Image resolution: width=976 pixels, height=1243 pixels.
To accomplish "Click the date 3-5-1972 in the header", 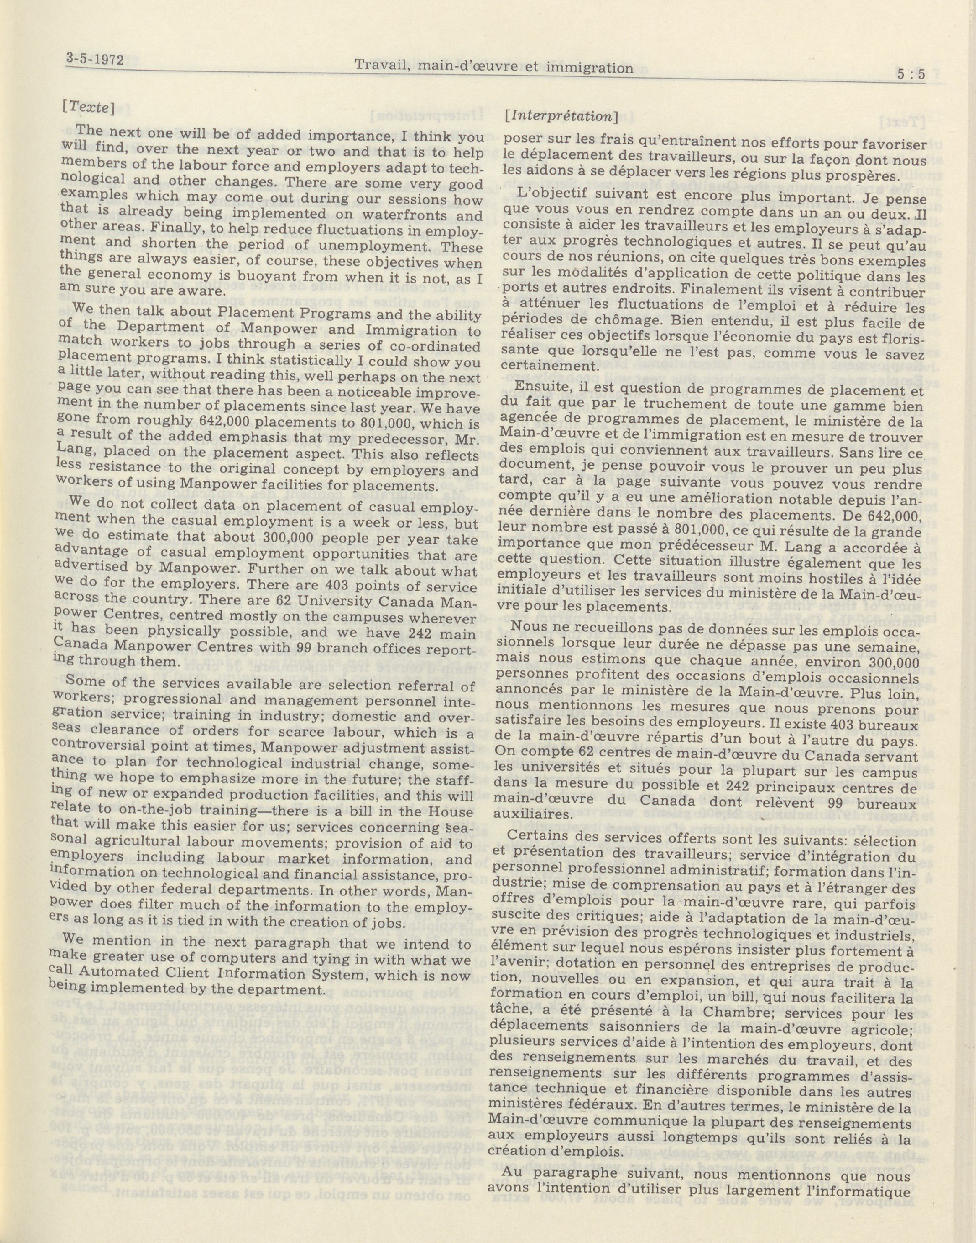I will pyautogui.click(x=95, y=60).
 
